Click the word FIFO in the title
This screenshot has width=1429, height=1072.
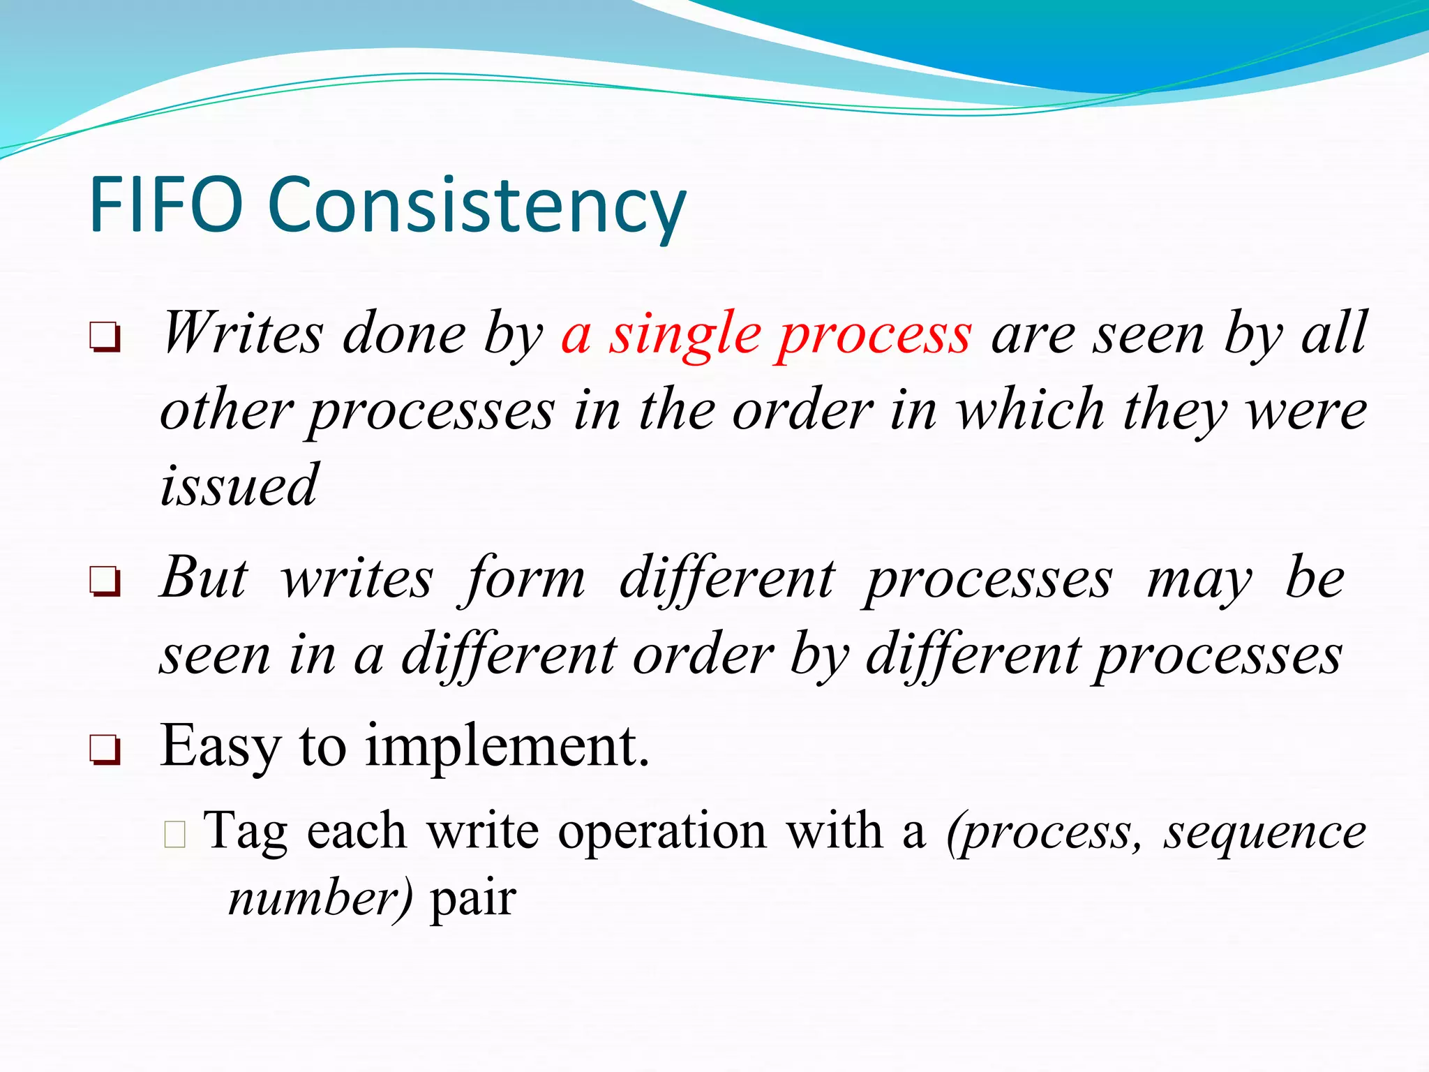[x=166, y=205]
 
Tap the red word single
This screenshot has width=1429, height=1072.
[x=684, y=335]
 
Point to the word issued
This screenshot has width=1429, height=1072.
[x=239, y=484]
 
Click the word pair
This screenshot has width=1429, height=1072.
[x=473, y=899]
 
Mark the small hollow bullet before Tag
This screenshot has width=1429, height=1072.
[x=175, y=834]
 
